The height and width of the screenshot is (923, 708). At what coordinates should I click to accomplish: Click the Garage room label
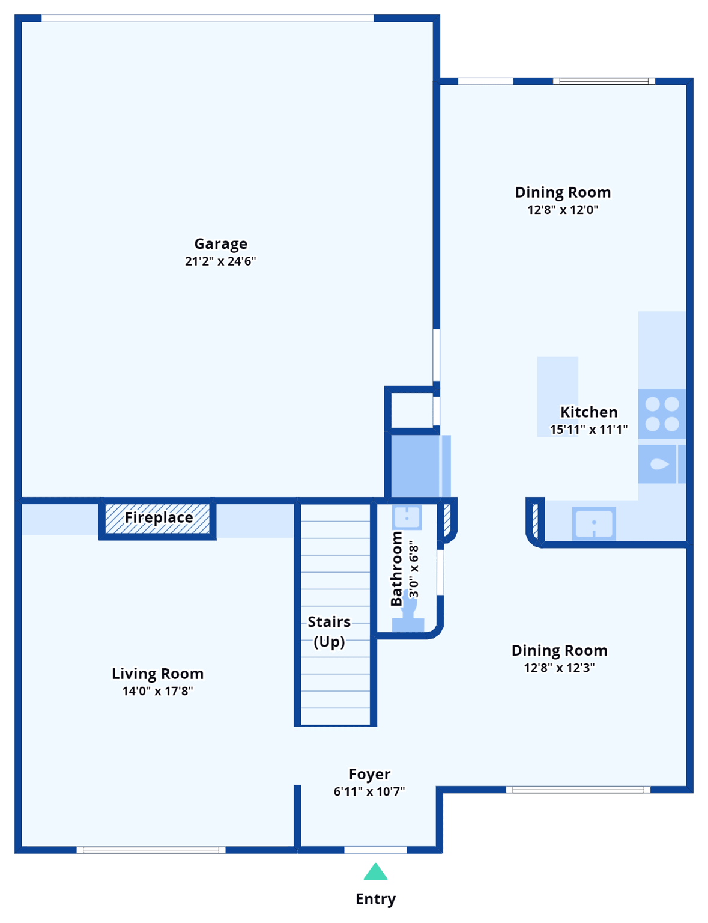220,243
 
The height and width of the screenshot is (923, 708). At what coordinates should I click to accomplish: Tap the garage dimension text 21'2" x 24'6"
220,261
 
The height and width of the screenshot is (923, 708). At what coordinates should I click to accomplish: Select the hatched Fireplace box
158,519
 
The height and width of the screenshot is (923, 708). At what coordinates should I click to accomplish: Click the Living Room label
157,674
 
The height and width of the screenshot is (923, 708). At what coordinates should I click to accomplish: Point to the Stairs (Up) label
329,631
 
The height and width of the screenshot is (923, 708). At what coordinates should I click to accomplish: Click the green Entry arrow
375,872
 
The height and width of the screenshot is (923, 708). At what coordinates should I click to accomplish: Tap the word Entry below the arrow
375,898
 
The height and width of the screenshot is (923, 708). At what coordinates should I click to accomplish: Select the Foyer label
369,774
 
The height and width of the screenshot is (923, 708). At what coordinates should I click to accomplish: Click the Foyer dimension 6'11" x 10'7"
369,791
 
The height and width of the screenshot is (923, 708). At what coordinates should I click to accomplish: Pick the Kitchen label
588,412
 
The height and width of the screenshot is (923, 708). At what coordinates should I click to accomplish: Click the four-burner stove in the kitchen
662,414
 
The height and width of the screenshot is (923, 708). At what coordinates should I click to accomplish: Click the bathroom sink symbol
407,517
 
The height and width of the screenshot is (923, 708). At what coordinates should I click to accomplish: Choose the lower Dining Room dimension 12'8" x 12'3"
559,668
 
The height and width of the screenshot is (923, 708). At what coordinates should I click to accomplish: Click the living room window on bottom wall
151,850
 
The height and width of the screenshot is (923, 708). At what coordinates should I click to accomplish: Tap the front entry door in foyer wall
375,850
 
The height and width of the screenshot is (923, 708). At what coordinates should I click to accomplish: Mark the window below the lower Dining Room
578,790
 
